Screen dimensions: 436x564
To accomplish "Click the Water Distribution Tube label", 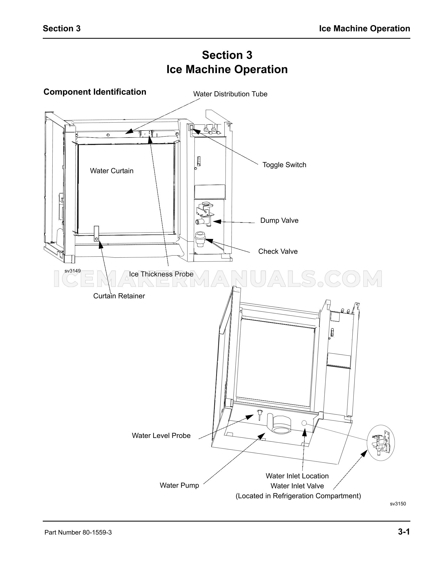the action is [x=230, y=94].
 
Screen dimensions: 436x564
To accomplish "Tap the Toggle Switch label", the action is [x=284, y=165].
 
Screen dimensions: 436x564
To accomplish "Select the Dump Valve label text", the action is [x=279, y=220].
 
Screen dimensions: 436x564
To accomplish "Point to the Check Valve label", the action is [x=278, y=251].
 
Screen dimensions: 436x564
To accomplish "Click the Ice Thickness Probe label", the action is [x=161, y=274].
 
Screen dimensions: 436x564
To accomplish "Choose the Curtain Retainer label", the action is [x=119, y=296].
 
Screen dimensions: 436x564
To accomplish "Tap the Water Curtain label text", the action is [x=112, y=171].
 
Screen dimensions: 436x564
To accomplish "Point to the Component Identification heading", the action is [x=95, y=92].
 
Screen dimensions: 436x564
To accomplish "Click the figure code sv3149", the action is [x=72, y=271].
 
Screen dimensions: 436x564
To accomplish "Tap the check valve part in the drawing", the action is [x=200, y=238].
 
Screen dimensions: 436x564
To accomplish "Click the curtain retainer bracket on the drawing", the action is [x=96, y=233].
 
